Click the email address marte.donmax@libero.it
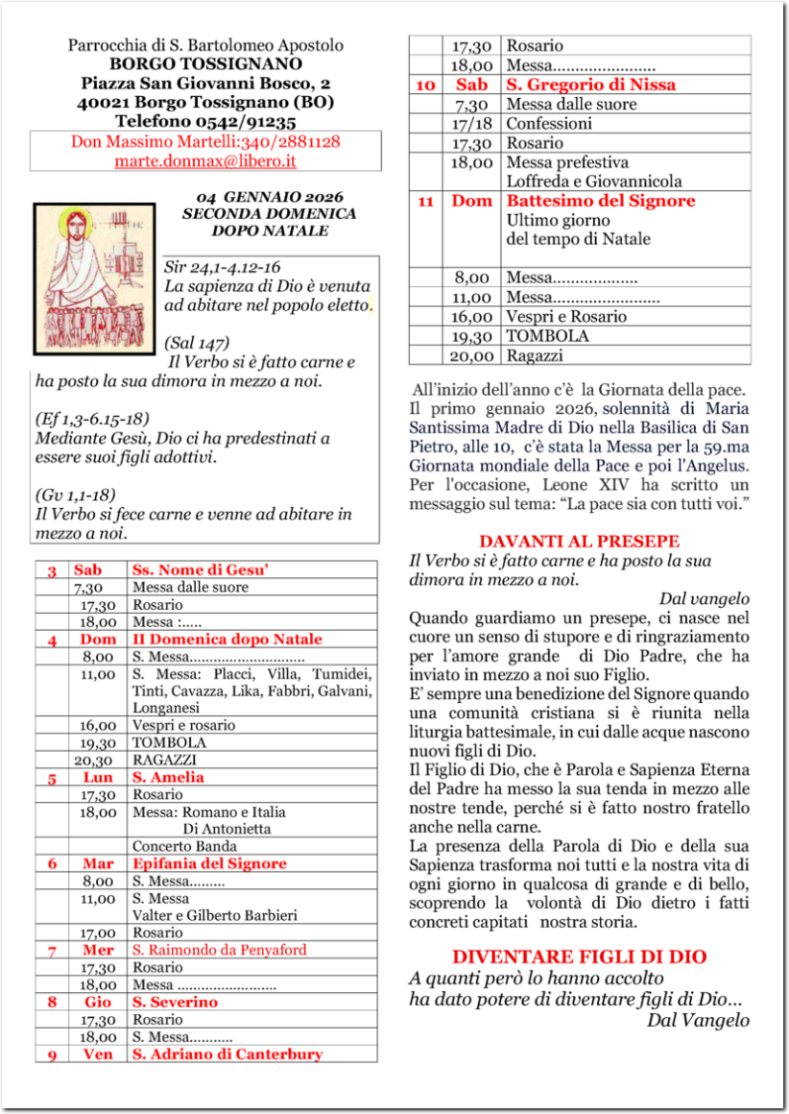pos(205,160)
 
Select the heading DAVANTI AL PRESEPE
pos(579,542)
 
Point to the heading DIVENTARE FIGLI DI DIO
pos(579,957)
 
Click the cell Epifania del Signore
pos(210,863)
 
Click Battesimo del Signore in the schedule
pos(600,202)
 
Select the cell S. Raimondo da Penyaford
pos(220,950)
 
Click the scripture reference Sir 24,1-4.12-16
pos(223,267)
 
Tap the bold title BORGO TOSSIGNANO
pos(205,64)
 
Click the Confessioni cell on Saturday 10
pos(549,124)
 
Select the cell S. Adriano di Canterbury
pos(227,1053)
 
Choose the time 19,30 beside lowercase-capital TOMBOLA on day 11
pos(472,336)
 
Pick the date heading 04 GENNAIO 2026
pos(269,198)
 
